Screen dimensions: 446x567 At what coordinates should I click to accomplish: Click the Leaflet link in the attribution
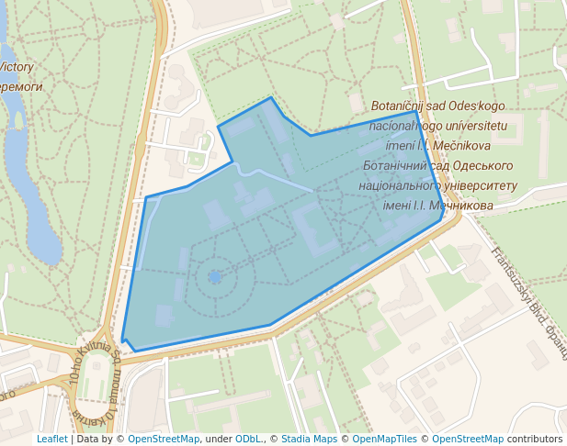(51, 439)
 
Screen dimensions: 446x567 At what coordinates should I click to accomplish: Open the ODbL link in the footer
(248, 439)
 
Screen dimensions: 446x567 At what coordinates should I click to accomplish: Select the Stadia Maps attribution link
(309, 439)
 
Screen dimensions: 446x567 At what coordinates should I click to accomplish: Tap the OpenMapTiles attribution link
(385, 439)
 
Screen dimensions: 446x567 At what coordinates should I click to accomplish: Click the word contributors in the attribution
(535, 439)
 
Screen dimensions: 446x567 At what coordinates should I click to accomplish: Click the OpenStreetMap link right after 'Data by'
(164, 439)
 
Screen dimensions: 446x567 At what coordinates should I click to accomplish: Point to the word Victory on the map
(17, 67)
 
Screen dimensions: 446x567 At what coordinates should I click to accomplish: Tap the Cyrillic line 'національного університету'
(438, 185)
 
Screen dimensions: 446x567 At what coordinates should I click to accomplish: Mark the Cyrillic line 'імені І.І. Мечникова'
(438, 206)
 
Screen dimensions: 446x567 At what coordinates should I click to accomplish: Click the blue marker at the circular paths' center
(215, 276)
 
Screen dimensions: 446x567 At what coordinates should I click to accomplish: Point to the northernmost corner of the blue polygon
(270, 98)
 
